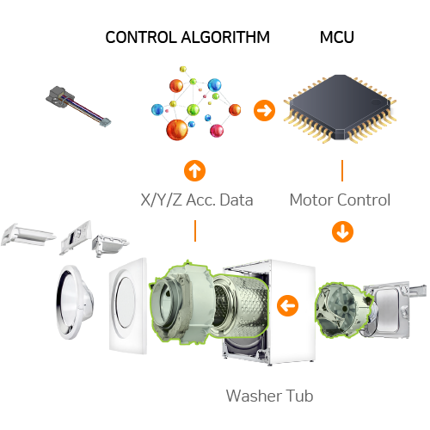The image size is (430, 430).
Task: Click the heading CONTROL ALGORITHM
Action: [187, 37]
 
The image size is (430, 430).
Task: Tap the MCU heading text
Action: [337, 37]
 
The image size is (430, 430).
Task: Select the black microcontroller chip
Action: [340, 108]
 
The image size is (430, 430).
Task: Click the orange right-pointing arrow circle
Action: [264, 110]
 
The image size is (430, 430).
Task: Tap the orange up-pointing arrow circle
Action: [194, 170]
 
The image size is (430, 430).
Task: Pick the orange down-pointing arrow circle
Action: [342, 231]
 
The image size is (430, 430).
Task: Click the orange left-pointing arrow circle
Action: [287, 306]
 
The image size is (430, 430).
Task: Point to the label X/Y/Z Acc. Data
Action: [197, 200]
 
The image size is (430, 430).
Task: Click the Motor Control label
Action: [340, 200]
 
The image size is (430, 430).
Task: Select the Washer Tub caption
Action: [269, 396]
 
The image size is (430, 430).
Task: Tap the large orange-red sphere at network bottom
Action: [177, 130]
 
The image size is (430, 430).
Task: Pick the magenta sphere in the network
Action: [217, 131]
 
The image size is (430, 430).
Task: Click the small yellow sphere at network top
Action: [183, 70]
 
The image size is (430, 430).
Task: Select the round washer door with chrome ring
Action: [75, 302]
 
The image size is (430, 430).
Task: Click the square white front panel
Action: [128, 306]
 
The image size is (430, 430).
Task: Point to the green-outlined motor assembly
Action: [343, 310]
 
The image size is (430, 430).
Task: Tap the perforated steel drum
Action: [241, 306]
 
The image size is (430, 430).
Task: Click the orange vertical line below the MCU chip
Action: [342, 170]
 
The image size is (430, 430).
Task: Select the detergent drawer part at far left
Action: [28, 236]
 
